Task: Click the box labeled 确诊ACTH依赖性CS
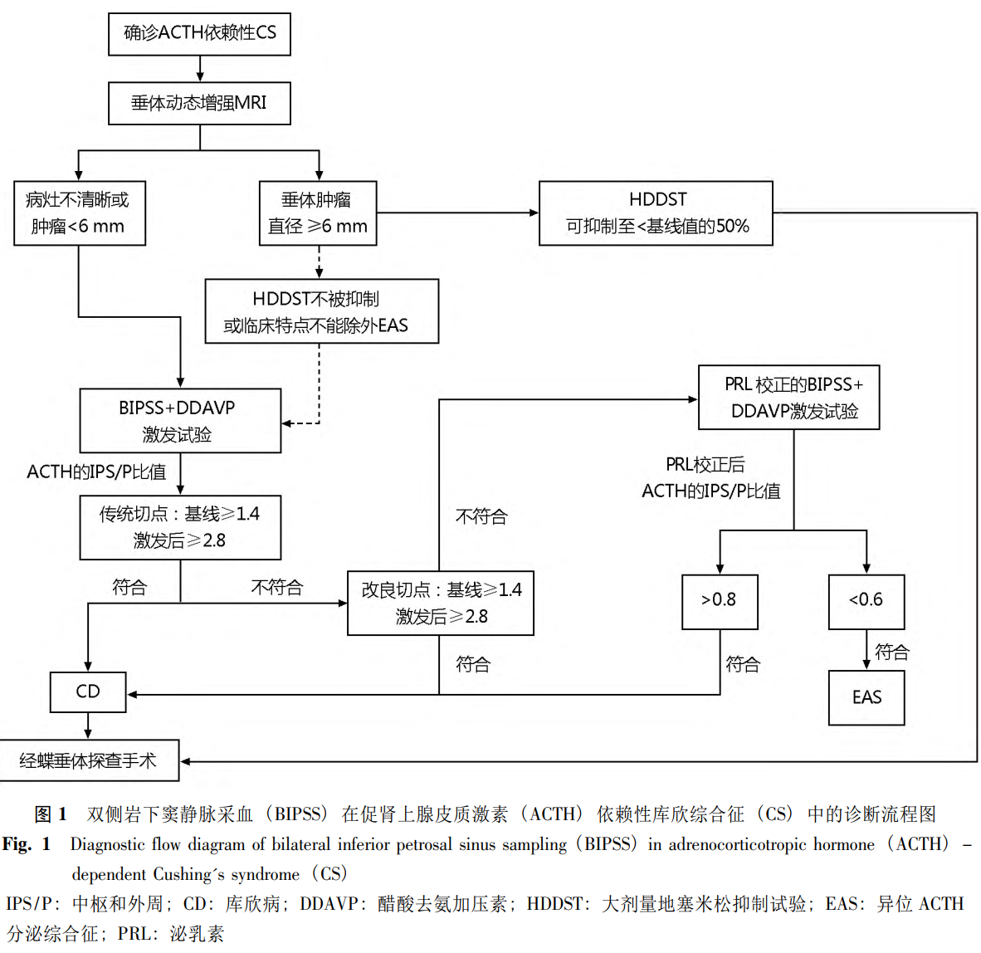199,34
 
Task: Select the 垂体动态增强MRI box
199,103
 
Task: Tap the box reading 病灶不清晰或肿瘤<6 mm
80,213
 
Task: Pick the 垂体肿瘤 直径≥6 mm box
318,213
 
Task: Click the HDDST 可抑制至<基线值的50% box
656,213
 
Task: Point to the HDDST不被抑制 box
321,311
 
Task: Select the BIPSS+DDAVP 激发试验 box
180,421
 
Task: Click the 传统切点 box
180,527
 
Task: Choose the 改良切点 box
440,604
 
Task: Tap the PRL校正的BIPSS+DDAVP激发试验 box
788,398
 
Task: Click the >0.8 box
719,601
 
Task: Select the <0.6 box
866,601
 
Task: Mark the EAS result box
866,697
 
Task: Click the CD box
88,692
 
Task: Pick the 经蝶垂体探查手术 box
89,760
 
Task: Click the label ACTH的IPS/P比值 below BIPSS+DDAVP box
96,472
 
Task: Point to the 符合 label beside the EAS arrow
892,652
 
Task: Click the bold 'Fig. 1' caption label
27,844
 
